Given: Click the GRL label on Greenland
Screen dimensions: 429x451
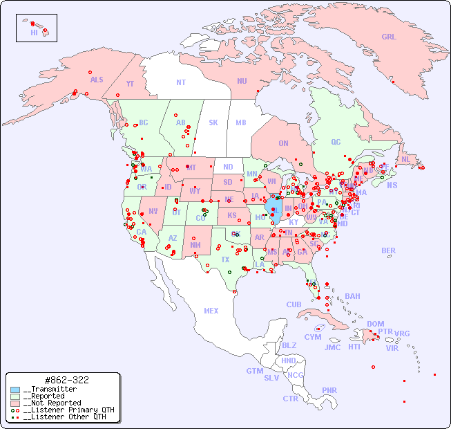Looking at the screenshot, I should point(389,37).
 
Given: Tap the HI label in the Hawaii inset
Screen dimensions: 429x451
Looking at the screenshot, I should point(34,33).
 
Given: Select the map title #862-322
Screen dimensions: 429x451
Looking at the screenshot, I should point(66,380).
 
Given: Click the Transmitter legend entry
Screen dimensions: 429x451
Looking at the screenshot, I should point(49,390).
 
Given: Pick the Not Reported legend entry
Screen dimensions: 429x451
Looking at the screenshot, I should point(52,403).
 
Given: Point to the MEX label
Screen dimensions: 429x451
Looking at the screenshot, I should point(211,311).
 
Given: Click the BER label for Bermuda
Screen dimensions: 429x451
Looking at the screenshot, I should point(389,250).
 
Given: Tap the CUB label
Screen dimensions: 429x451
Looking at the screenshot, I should point(294,304).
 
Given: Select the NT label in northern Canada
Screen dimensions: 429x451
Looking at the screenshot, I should point(181,82).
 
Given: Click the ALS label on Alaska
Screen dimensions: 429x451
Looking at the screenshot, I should point(97,80).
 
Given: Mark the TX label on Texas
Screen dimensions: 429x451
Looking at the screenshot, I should point(225,259).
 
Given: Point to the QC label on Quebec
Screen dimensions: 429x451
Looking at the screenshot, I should point(336,142).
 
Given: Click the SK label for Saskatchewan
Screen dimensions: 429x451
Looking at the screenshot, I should point(213,122).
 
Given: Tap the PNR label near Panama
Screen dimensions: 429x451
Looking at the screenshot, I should point(329,390).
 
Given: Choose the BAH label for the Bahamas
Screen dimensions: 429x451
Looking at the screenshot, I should point(352,296).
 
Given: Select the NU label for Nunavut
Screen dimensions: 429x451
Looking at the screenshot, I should point(242,81).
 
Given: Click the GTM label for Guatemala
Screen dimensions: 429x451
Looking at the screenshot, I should point(254,371).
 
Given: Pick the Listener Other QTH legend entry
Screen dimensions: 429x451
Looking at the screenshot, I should point(65,417).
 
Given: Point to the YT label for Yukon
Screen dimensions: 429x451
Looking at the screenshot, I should point(130,84).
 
